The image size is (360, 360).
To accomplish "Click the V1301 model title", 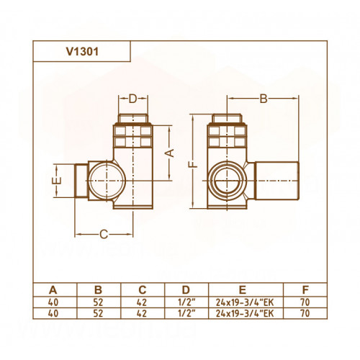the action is tap(82, 52).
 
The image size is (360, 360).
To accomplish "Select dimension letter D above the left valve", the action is tap(132, 99).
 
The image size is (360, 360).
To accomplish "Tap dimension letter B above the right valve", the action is tap(264, 99).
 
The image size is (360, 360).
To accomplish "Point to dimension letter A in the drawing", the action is tap(170, 153).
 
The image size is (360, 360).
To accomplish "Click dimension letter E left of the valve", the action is tap(57, 181).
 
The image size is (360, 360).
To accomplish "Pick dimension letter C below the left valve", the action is tap(104, 234).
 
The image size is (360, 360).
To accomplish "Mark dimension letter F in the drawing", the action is tap(194, 164).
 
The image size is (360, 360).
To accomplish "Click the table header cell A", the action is tap(53, 290).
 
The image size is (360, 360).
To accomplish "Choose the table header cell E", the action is tap(243, 290).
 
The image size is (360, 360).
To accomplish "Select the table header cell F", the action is tap(305, 290).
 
